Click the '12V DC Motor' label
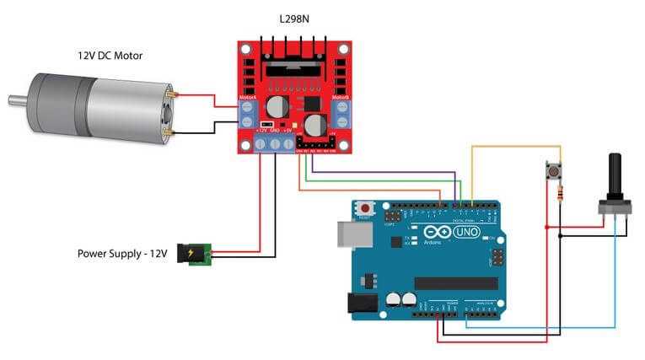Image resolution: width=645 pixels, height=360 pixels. tap(109, 56)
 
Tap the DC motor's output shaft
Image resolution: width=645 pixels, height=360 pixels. tap(15, 102)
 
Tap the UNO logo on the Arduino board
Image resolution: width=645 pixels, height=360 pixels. tap(465, 232)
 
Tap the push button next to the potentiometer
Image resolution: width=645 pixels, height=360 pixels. tap(553, 172)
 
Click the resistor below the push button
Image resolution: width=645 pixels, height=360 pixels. tap(559, 196)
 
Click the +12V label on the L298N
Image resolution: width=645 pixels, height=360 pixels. tap(261, 131)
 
